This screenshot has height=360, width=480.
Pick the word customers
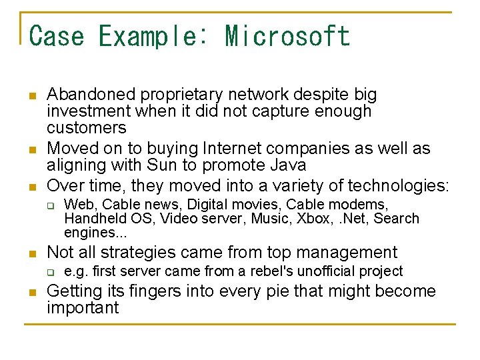coord(86,128)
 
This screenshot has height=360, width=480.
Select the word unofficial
coord(328,271)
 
